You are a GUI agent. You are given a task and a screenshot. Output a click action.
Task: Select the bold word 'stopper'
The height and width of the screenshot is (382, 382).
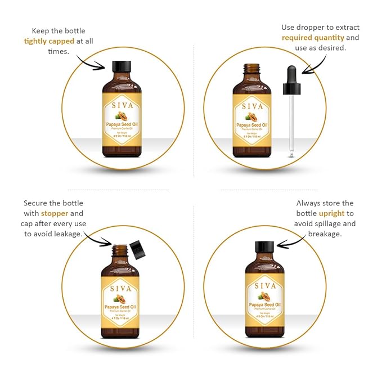53,214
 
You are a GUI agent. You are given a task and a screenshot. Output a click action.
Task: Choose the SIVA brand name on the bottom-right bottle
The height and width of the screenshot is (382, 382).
264,285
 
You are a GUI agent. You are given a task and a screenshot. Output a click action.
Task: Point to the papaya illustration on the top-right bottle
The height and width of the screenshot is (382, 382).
251,117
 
